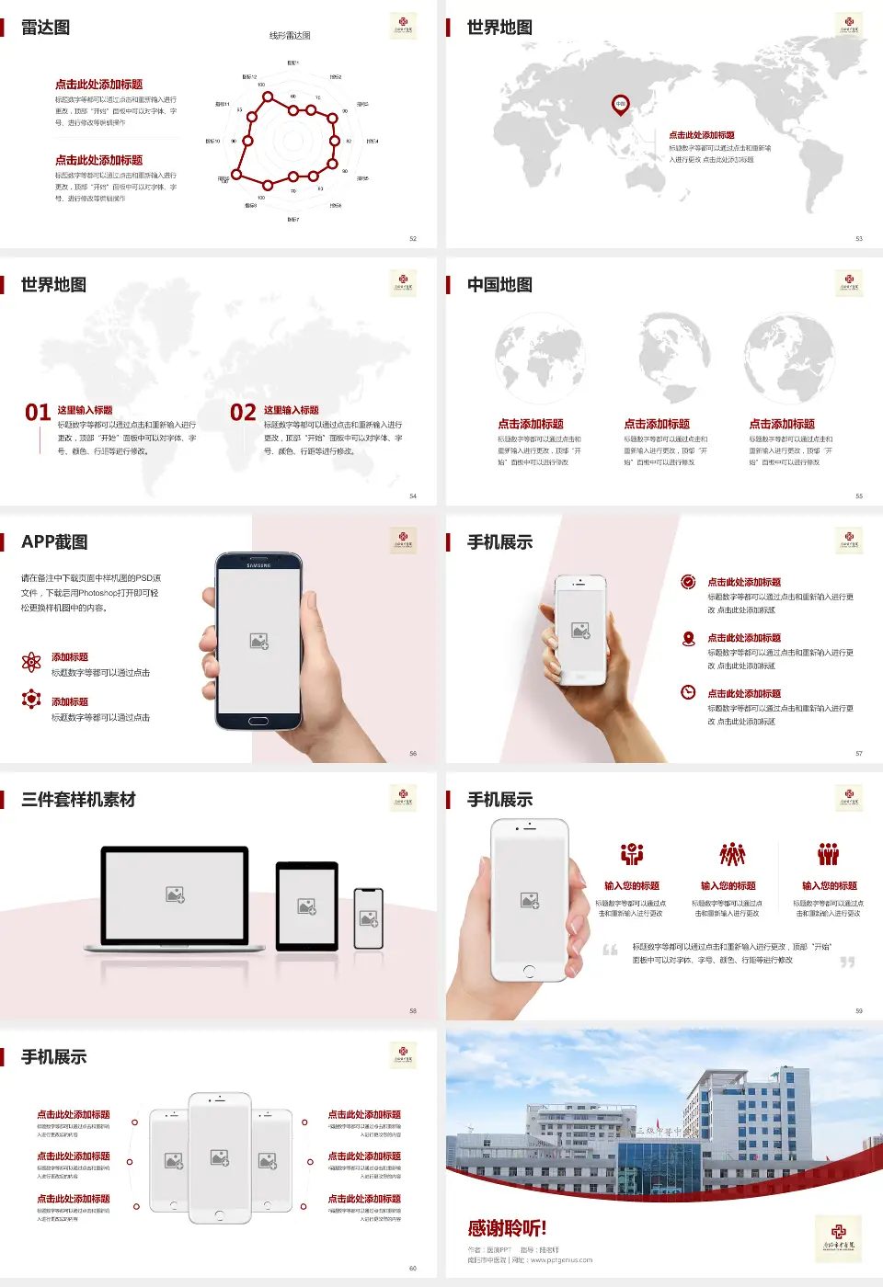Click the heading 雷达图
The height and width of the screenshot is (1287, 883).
45,28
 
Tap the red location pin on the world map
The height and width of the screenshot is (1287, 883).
621,105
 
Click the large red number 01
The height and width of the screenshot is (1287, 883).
38,412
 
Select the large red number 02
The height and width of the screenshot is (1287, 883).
243,412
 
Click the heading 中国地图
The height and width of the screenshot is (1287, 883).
499,285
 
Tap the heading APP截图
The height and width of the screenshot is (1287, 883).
54,542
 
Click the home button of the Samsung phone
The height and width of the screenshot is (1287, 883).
258,721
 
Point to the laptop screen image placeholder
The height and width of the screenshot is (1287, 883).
175,894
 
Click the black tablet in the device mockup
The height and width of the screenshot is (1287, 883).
307,905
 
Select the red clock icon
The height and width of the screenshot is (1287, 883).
688,692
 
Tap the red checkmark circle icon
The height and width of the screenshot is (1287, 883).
688,582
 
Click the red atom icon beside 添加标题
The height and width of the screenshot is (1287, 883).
31,662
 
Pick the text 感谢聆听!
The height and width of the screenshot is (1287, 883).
507,1228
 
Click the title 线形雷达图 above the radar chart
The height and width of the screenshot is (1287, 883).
290,36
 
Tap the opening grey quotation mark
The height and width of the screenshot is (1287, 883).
610,950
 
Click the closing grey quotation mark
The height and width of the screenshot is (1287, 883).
847,962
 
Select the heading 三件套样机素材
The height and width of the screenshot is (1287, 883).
78,800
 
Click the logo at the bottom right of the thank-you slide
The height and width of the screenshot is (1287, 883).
838,1236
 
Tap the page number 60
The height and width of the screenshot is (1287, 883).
413,1268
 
